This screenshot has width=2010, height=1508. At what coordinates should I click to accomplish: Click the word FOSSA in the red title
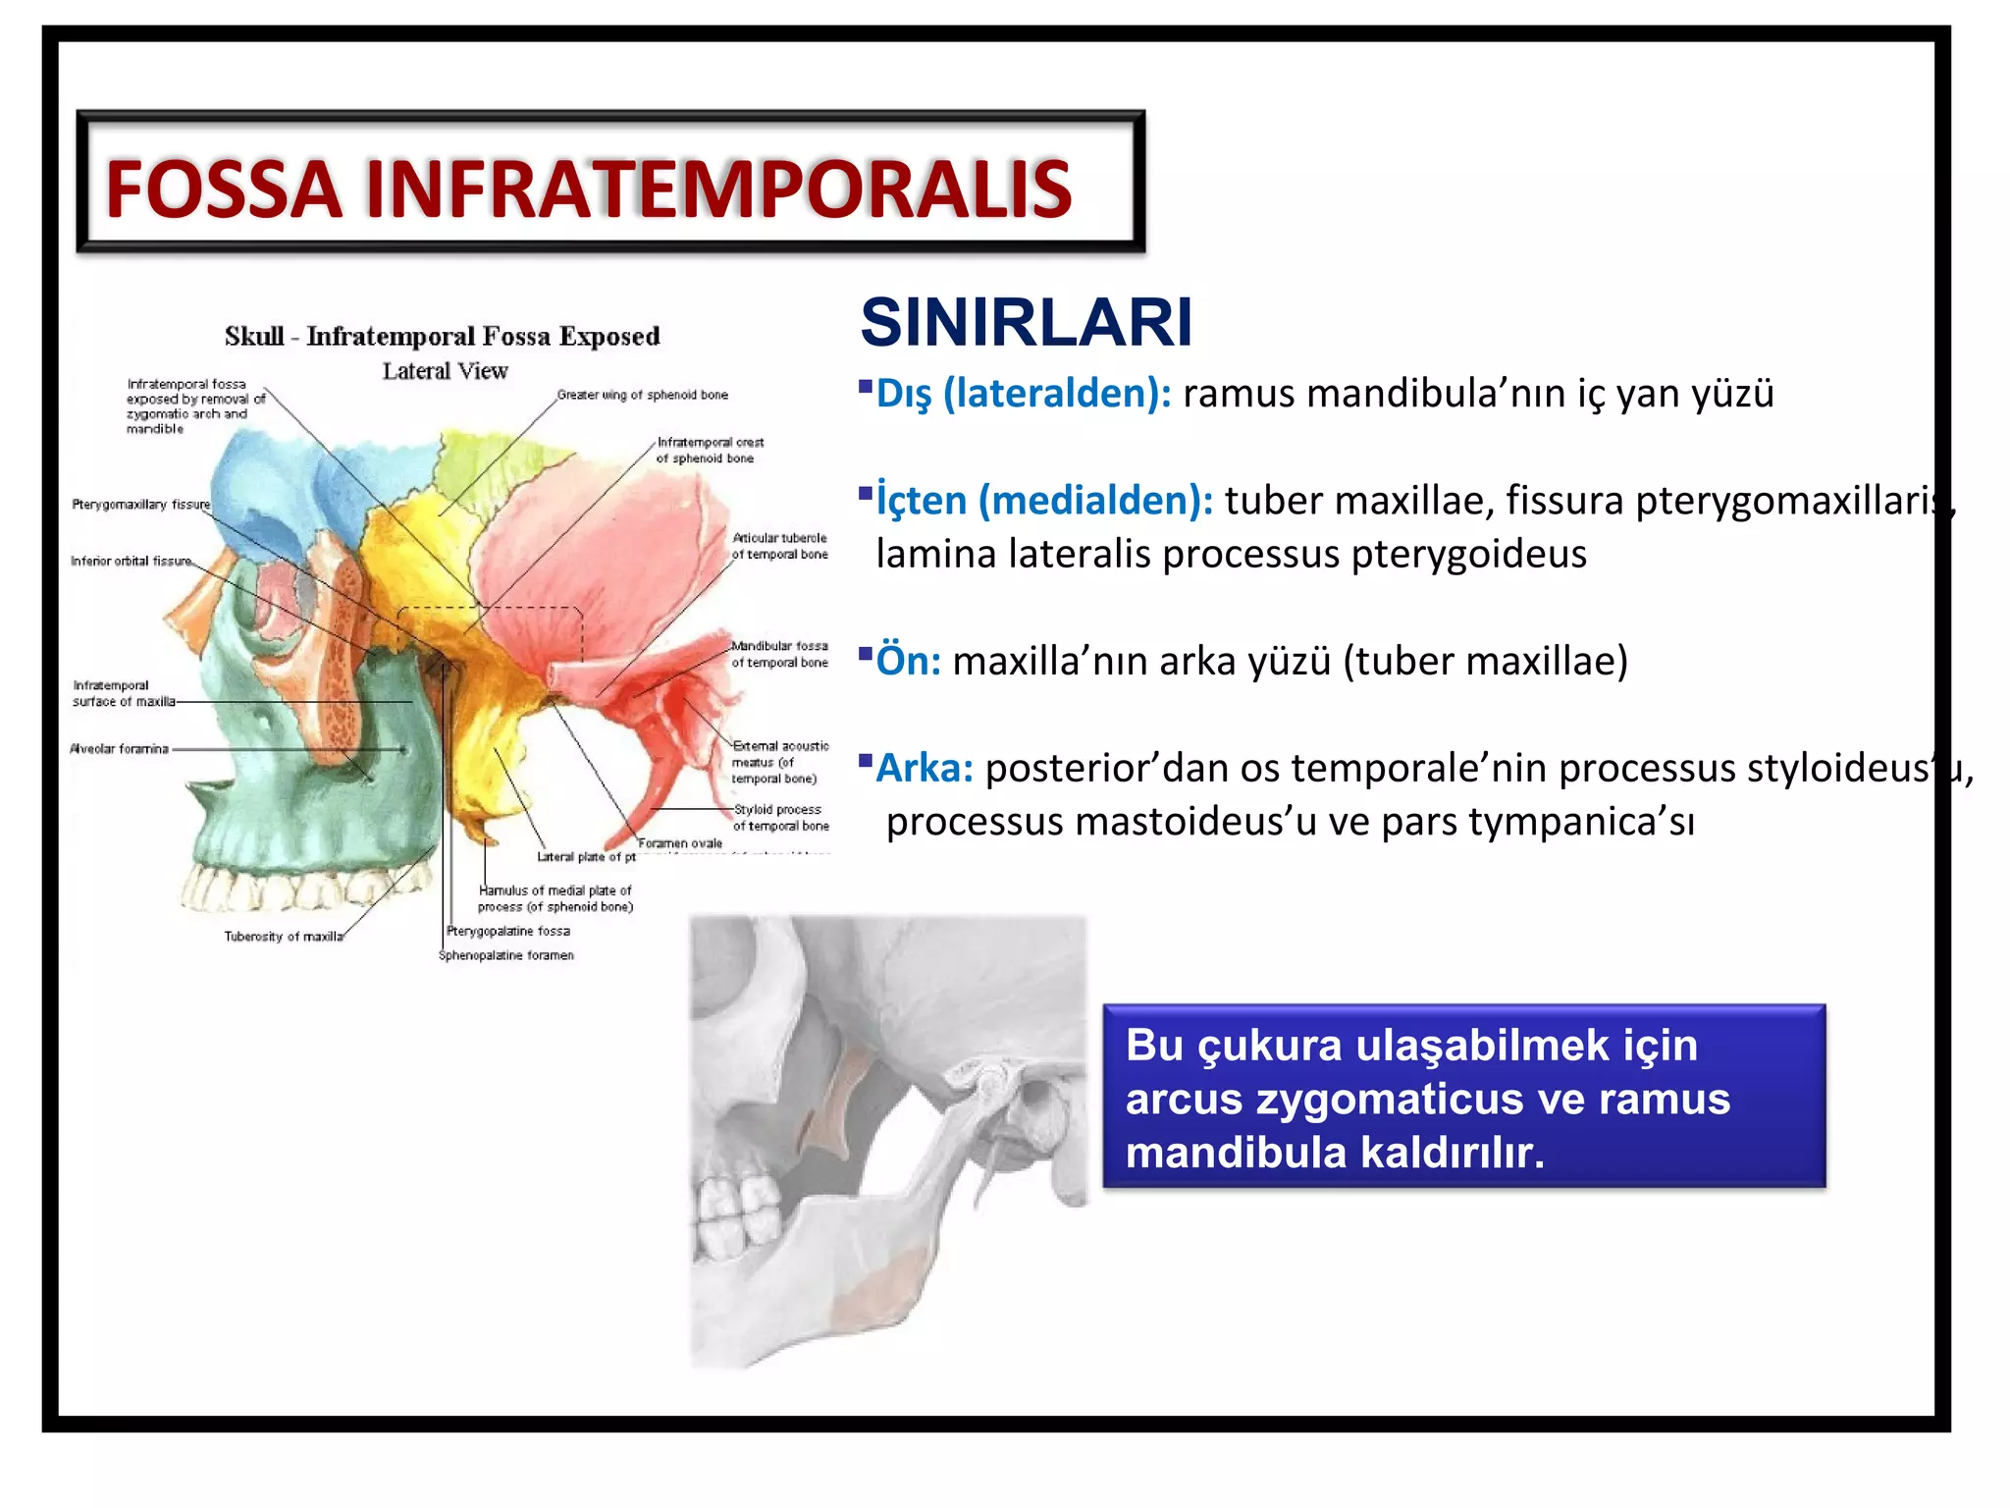pyautogui.click(x=224, y=189)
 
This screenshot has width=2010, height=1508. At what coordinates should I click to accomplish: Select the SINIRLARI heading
pyautogui.click(x=1026, y=322)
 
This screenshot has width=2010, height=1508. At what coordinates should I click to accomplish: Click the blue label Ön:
pyautogui.click(x=908, y=661)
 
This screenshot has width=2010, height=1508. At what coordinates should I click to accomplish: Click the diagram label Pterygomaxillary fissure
pyautogui.click(x=140, y=505)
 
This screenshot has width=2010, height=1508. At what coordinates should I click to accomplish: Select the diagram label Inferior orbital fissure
pyautogui.click(x=131, y=562)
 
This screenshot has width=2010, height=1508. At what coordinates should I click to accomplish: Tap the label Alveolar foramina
pyautogui.click(x=120, y=749)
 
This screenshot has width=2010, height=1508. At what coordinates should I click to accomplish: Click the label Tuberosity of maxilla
pyautogui.click(x=284, y=937)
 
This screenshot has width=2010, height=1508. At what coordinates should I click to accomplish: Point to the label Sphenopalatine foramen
pyautogui.click(x=505, y=955)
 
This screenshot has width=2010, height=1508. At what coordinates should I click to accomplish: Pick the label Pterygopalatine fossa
pyautogui.click(x=507, y=931)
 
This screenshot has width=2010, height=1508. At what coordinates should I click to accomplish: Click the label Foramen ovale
pyautogui.click(x=680, y=843)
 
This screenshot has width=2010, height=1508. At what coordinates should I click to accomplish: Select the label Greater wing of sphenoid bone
pyautogui.click(x=642, y=395)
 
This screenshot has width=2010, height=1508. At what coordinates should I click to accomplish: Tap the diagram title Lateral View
pyautogui.click(x=445, y=371)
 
